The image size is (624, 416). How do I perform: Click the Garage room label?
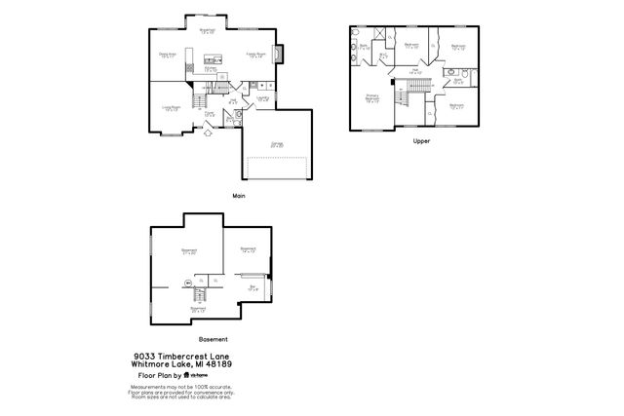(x=277, y=144)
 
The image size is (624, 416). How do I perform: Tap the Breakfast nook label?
(x=207, y=32)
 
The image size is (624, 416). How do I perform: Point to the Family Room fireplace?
(x=280, y=54)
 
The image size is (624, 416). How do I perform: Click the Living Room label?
(x=172, y=108)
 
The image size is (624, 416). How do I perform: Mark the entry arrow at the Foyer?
(x=210, y=134)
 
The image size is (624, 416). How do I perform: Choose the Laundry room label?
(x=263, y=97)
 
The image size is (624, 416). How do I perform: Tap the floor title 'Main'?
(x=239, y=196)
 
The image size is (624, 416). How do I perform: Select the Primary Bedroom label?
(x=372, y=97)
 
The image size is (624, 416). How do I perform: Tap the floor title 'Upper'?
(x=421, y=141)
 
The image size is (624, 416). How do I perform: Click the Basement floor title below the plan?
(x=213, y=339)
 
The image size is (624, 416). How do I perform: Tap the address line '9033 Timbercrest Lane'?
(x=182, y=357)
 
